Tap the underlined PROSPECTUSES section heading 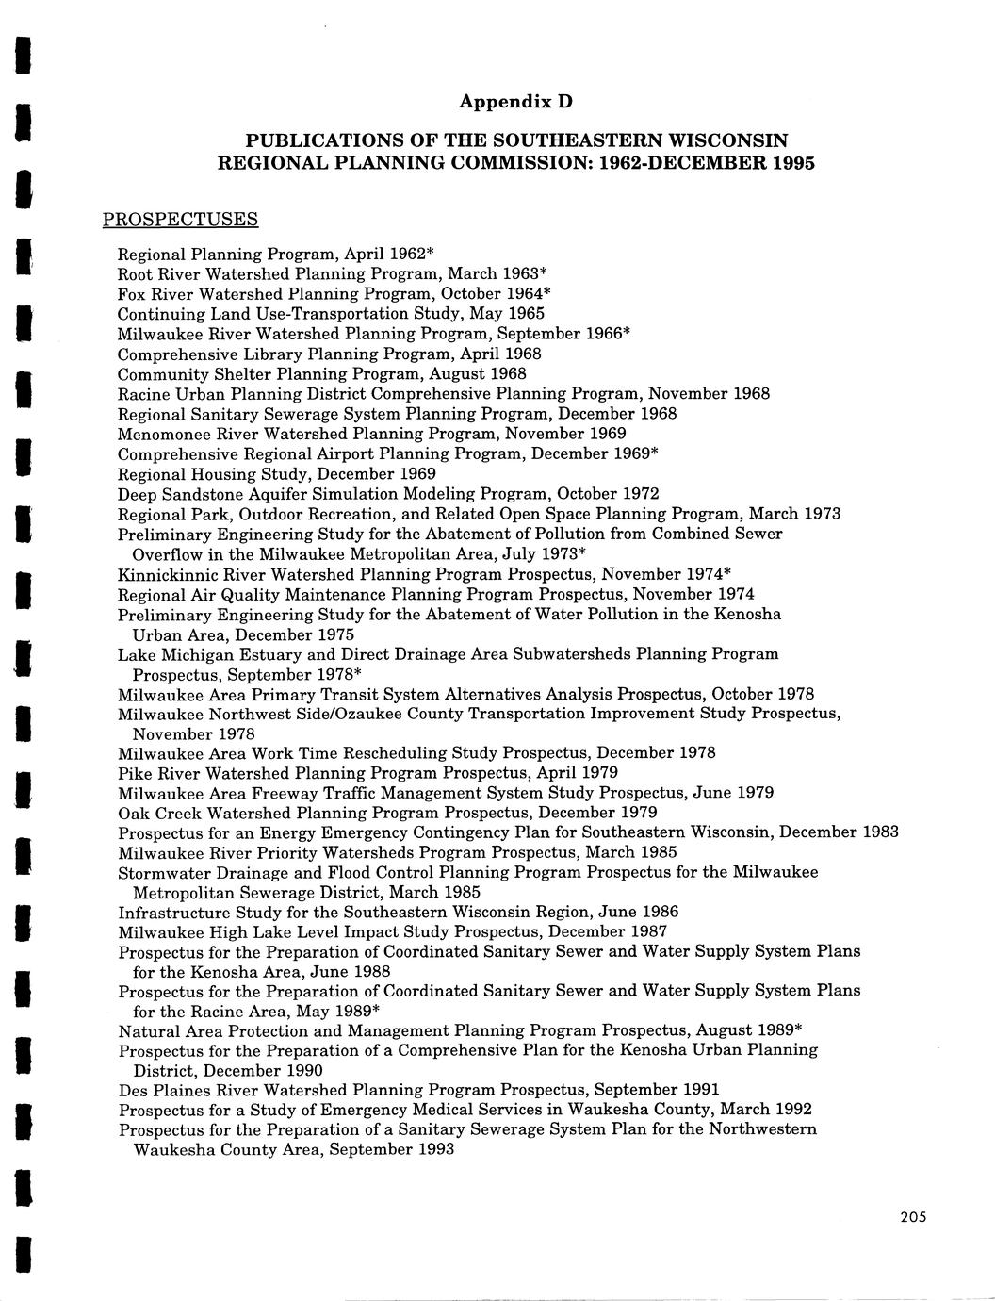click(x=180, y=220)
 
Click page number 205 click(x=913, y=1217)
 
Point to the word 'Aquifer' click(x=292, y=494)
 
